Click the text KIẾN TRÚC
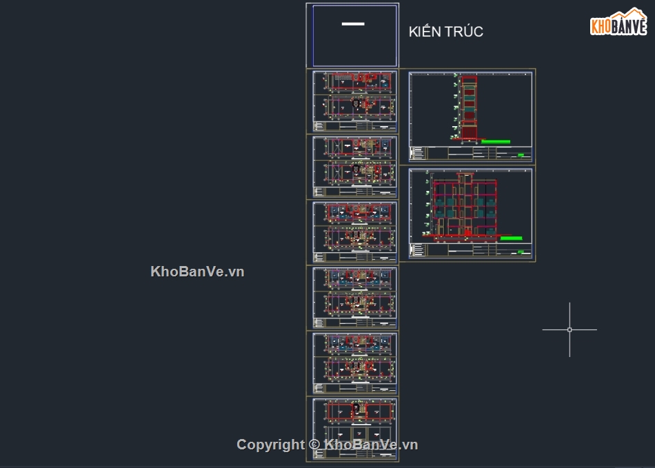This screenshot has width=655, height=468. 445,32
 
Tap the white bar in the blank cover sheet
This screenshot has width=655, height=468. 353,24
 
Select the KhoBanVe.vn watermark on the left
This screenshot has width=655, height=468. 197,272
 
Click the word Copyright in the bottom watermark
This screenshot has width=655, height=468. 270,445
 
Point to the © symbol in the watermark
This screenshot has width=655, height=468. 314,445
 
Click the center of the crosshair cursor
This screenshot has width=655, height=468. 570,329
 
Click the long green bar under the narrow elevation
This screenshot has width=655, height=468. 496,142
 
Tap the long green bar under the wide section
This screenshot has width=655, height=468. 510,238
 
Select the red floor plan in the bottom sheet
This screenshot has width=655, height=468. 356,411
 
